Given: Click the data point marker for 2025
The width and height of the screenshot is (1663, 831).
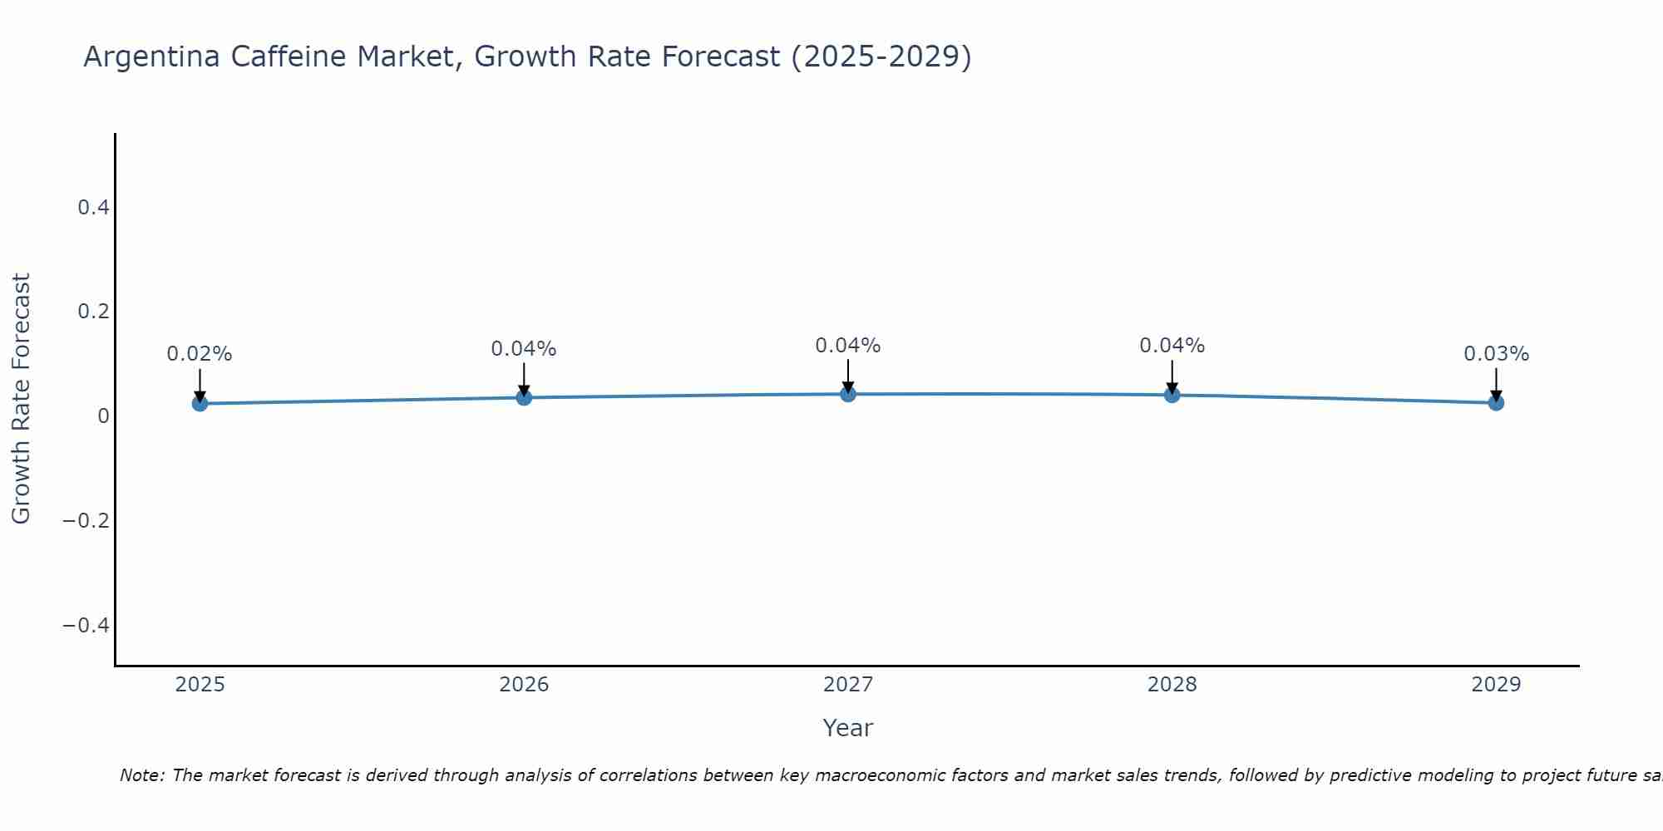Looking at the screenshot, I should point(200,403).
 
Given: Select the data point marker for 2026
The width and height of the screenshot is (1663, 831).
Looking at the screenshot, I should point(524,397).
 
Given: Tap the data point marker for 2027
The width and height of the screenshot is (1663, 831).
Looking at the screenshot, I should point(848,394).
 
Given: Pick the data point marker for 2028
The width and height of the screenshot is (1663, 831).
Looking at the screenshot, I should point(1172,395).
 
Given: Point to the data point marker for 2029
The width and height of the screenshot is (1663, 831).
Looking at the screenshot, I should point(1496,403).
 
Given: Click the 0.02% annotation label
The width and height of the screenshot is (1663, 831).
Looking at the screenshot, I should point(200,354).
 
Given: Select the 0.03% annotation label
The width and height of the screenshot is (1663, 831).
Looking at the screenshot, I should point(1496,354).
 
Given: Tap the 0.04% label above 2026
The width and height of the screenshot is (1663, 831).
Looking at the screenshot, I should point(524,349).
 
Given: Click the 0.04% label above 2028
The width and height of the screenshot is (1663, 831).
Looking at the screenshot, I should point(1172,346).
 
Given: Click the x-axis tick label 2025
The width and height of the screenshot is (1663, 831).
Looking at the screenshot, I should point(200,685).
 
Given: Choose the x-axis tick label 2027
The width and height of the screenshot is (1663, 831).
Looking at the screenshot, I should point(848,685).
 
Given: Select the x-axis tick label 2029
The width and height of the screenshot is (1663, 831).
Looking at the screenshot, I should point(1496,685).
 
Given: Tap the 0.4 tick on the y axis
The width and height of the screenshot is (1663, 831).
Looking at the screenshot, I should point(94,207).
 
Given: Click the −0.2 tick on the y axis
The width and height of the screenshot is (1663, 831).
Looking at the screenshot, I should point(86,520).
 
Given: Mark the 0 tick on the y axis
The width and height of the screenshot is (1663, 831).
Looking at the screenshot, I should point(103,415).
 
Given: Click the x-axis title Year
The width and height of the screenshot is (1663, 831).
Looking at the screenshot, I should point(848,728).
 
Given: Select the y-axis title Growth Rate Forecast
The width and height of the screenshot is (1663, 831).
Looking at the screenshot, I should point(21,399).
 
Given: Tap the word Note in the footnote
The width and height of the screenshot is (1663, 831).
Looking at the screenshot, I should point(141,775).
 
